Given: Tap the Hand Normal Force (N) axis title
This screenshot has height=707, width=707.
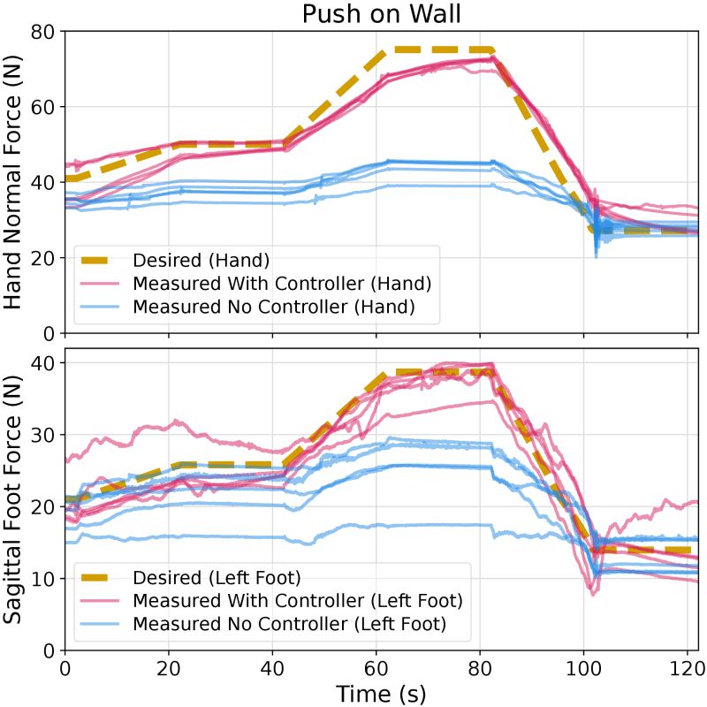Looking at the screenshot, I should (x=15, y=182).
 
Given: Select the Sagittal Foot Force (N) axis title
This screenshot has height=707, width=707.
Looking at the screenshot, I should (x=15, y=499).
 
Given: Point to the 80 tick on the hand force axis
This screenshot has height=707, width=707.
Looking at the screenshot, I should (x=44, y=32).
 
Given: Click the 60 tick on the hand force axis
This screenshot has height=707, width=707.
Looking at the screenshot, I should (x=44, y=107).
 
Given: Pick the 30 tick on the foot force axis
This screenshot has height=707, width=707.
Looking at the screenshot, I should (x=44, y=435).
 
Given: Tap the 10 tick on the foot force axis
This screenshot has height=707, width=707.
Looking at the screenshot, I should (x=44, y=579).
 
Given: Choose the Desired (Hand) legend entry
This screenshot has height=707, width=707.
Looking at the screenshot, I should (x=201, y=260).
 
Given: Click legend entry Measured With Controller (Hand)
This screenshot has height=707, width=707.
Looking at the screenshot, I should (x=282, y=284).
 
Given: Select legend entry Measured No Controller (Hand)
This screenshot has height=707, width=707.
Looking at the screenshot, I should (x=273, y=308).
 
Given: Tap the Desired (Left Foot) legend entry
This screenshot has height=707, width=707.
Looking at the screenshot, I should (x=217, y=578).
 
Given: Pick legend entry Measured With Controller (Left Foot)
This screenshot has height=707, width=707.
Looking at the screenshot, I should (x=298, y=602).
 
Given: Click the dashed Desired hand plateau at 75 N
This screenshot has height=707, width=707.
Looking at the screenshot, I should (x=438, y=50).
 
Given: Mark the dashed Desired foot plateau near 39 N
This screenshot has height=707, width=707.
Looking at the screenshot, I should (x=438, y=372).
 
